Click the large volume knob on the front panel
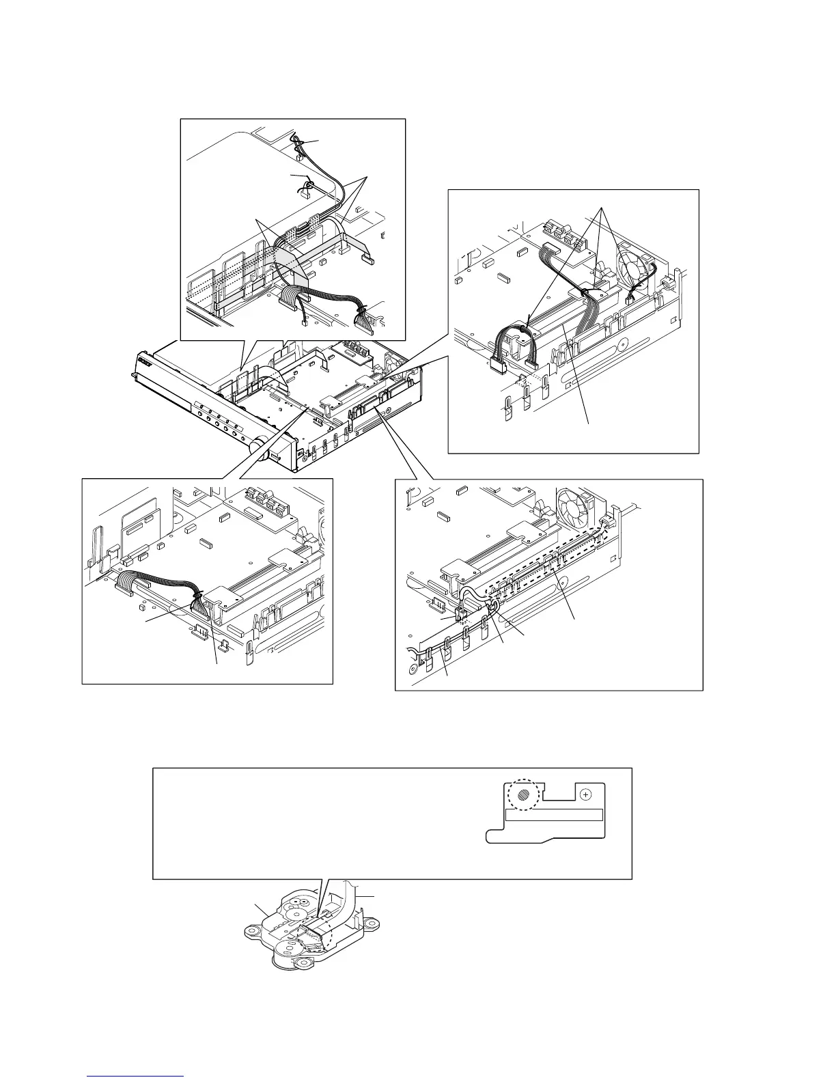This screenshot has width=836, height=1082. click(x=257, y=446)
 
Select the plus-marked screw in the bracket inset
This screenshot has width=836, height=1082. click(x=585, y=795)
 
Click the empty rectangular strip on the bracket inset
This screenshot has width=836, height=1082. click(x=554, y=815)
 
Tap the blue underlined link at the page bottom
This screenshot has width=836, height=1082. click(x=136, y=1077)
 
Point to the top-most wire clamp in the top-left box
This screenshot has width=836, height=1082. click(x=298, y=141)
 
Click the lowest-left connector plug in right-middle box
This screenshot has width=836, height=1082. click(x=497, y=367)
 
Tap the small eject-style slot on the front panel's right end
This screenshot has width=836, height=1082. click(x=275, y=456)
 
